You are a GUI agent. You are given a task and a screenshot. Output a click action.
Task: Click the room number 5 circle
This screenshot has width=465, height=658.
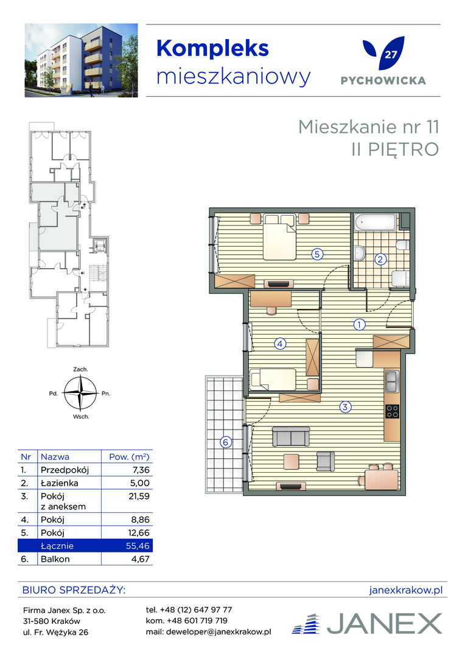pyautogui.click(x=317, y=254)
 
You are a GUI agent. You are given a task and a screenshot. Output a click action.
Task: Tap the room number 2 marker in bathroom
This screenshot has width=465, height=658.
pyautogui.click(x=380, y=260)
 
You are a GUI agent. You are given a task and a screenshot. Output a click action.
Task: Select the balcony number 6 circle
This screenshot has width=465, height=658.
pyautogui.click(x=226, y=442)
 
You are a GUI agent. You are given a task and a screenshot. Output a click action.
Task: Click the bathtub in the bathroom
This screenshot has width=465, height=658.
pyautogui.click(x=375, y=222)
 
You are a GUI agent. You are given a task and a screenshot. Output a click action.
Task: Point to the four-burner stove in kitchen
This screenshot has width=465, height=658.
pyautogui.click(x=393, y=411)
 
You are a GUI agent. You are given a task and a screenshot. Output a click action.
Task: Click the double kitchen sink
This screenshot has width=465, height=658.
pyautogui.click(x=393, y=381)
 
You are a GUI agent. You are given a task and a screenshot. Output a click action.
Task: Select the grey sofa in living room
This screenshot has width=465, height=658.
pyautogui.click(x=291, y=436)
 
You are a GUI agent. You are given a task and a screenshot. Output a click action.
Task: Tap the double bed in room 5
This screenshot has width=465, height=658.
pyautogui.click(x=279, y=237)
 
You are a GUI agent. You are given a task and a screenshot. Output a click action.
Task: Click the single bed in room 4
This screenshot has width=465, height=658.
pyautogui.click(x=273, y=380)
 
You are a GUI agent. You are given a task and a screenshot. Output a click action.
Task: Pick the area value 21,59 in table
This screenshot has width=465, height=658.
pyautogui.click(x=139, y=496)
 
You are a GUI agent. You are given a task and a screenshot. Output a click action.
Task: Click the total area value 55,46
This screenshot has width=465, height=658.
pyautogui.click(x=138, y=545)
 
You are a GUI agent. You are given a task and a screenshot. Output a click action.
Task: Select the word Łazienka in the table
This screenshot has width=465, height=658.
pyautogui.click(x=59, y=483)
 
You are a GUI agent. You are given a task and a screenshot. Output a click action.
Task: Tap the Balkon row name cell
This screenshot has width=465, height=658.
pyautogui.click(x=55, y=559)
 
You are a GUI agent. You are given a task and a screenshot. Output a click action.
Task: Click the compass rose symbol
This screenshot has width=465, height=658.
pyautogui.click(x=80, y=393)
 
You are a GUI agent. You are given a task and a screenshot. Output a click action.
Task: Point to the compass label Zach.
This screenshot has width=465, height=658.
pyautogui.click(x=80, y=369)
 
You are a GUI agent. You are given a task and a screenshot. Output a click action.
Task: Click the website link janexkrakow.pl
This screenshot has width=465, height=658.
pyautogui.click(x=406, y=590)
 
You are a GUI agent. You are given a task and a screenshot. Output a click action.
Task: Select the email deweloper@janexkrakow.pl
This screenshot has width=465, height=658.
pyautogui.click(x=219, y=632)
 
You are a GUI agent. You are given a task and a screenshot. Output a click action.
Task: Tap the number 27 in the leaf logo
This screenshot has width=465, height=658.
pyautogui.click(x=391, y=55)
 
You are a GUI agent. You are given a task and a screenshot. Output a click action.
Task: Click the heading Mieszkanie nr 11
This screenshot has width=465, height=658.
pyautogui.click(x=369, y=127)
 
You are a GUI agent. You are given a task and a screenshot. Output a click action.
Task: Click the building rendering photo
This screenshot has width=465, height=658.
pyautogui.click(x=82, y=60)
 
